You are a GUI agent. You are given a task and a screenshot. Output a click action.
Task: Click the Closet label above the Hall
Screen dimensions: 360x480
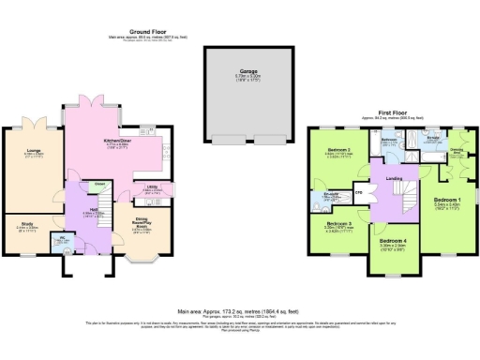pyautogui.click(x=98, y=184)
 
